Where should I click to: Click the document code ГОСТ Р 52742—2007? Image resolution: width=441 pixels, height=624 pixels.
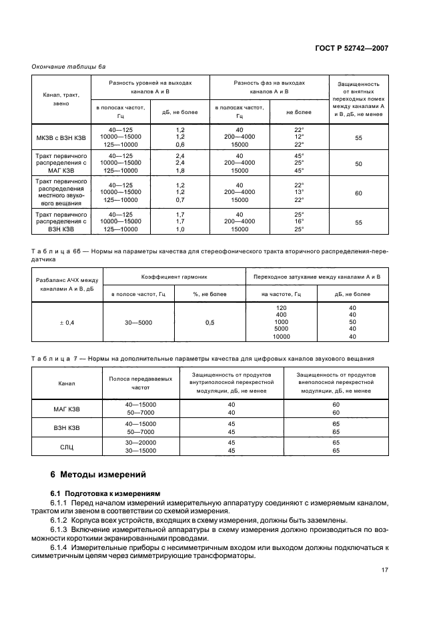(x=352, y=49)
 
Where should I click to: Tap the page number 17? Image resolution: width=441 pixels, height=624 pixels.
(x=385, y=570)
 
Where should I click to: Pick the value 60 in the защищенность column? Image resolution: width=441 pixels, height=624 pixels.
(x=358, y=193)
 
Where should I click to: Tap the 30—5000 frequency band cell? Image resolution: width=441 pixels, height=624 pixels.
(x=138, y=323)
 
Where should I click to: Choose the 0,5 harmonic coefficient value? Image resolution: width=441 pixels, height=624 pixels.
(x=209, y=323)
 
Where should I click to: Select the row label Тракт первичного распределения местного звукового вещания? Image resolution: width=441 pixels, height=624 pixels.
(x=61, y=193)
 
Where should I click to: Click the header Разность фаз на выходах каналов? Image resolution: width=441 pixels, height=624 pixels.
(x=269, y=87)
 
